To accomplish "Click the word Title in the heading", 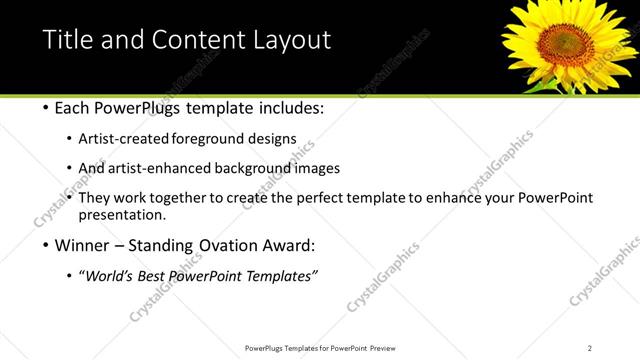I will tap(67, 41).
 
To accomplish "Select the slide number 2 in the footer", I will tap(590, 348).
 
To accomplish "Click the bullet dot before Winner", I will tap(47, 246).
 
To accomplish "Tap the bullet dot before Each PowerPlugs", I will tap(47, 108).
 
